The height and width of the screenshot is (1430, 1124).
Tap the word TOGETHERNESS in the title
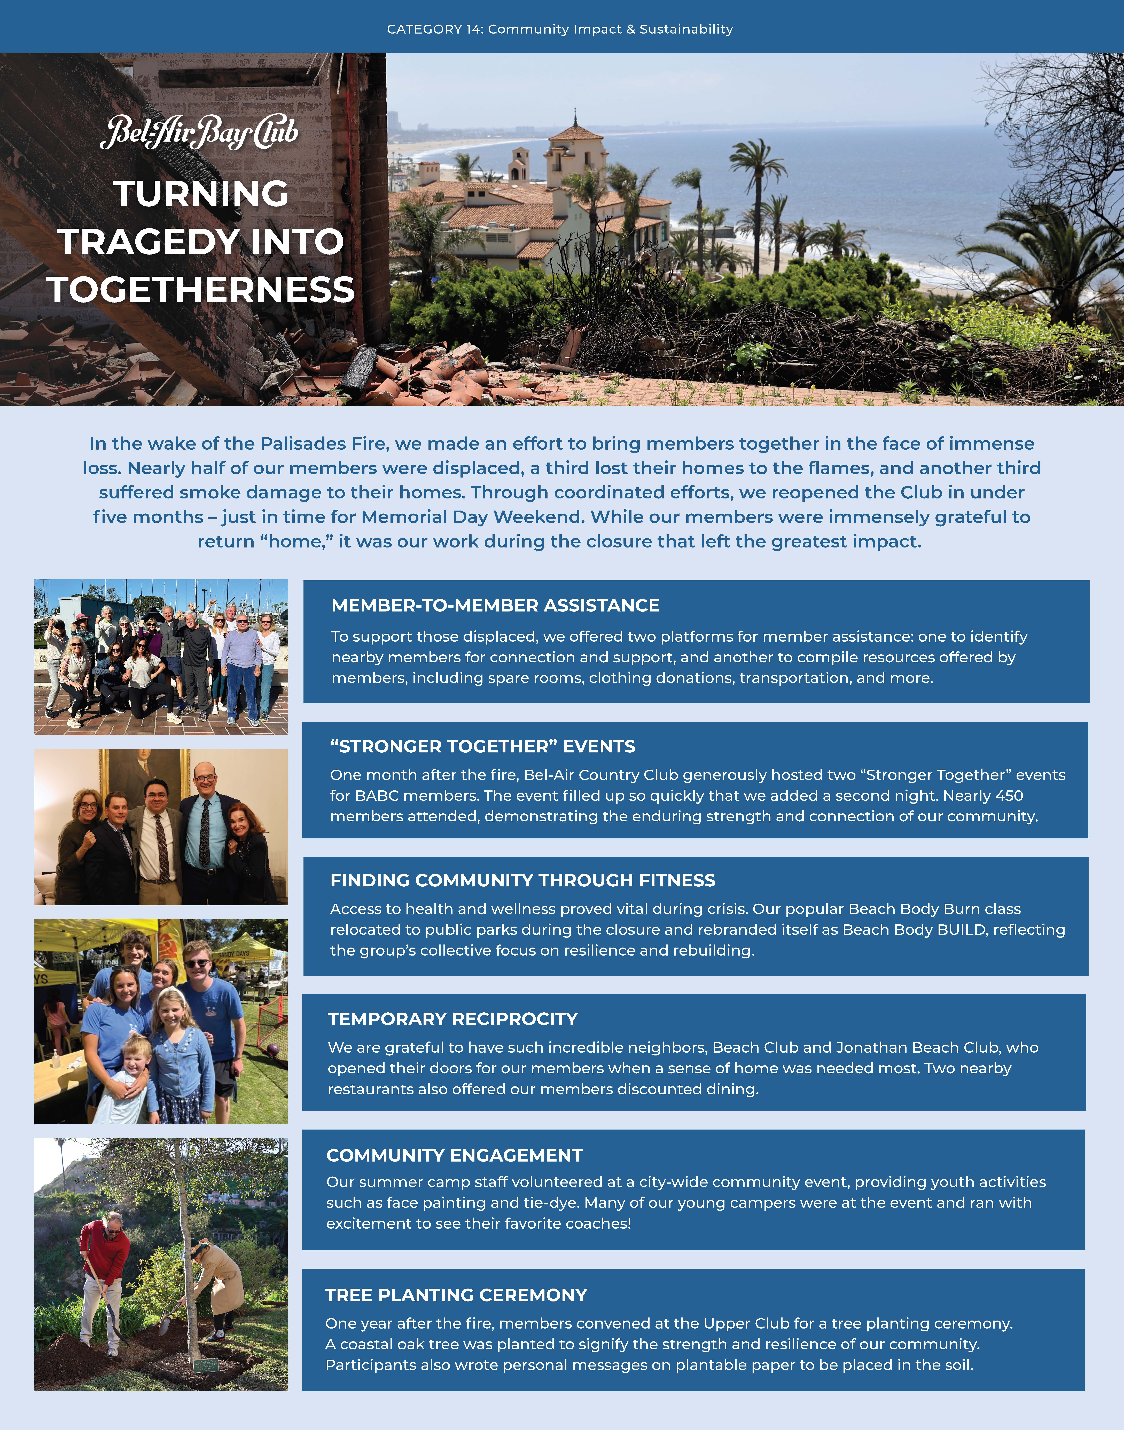201,289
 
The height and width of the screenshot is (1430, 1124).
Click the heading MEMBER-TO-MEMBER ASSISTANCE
495,606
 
